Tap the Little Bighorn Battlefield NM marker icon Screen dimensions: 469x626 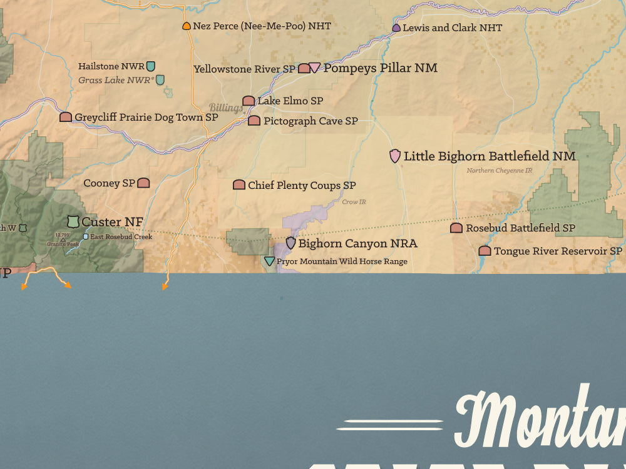coord(395,156)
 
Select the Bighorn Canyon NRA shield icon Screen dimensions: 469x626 coord(290,243)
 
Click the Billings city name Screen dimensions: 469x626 coord(225,108)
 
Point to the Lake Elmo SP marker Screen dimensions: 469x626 coord(249,101)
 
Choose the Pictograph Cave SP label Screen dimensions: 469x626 coord(310,121)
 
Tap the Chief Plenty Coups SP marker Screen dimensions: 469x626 coord(239,185)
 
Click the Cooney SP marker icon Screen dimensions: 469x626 coord(143,183)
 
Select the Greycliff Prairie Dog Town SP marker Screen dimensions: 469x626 coord(66,117)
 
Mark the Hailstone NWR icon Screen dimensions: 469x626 coord(150,66)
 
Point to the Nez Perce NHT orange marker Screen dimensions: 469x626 coord(187,26)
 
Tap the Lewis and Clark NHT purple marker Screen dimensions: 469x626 coord(396,28)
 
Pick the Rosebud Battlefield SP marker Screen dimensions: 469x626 coord(456,228)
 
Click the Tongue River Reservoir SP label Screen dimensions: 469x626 coord(558,251)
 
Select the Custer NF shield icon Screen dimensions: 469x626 coord(73,221)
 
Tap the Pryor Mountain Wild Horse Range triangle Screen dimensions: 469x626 coord(269,261)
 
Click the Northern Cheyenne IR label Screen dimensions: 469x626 coord(499,170)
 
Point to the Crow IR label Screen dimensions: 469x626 coord(354,202)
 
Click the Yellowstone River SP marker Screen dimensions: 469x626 coord(304,68)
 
